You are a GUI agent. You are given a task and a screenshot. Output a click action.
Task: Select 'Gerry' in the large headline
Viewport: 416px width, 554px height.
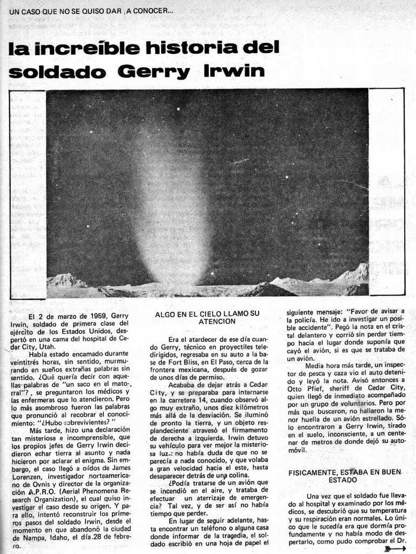click(154, 71)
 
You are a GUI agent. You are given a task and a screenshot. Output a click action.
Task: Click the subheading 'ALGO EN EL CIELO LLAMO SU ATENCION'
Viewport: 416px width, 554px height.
click(207, 318)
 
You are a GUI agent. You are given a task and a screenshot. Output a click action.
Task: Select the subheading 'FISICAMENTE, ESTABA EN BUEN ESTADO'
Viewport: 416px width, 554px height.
click(345, 476)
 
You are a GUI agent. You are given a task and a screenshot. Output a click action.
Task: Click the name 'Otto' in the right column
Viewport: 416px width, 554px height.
click(296, 387)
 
